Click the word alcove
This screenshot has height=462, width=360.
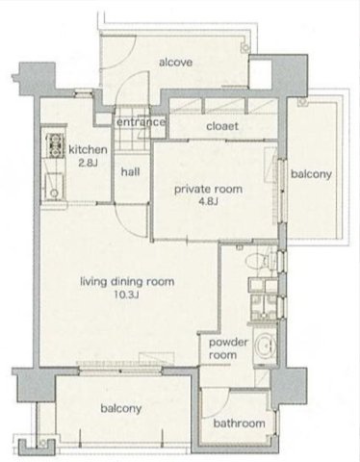coord(176,63)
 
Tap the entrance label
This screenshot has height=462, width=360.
coord(141,122)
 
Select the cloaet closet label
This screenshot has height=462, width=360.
coord(222,126)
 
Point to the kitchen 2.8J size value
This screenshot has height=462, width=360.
coord(88,164)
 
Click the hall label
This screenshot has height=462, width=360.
coord(130,172)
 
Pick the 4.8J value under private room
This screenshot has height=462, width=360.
coord(208,202)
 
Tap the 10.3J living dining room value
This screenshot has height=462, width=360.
coord(127,295)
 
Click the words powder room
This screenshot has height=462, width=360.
coord(228,348)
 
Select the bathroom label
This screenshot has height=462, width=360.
coord(240,423)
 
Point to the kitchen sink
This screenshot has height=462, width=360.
coord(54,186)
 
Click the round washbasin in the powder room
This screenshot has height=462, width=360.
coord(265,346)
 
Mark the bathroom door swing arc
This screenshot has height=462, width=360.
coord(222,403)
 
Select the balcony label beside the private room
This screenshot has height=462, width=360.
coord(311,174)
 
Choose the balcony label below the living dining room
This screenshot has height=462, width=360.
coord(121,408)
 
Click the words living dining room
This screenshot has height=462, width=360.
coord(127,282)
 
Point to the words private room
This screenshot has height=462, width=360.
coord(208,189)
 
